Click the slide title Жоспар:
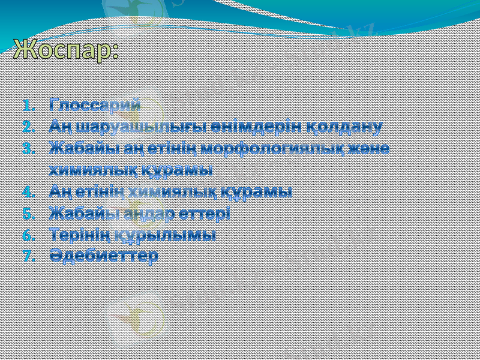65,50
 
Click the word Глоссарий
95,104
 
